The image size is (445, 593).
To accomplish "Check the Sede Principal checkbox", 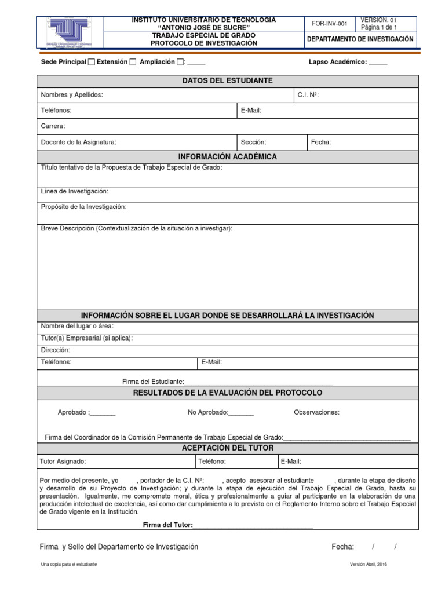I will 91,62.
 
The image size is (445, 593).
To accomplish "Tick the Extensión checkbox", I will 133,62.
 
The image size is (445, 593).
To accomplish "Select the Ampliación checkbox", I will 180,62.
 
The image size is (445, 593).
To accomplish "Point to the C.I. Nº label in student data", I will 307,96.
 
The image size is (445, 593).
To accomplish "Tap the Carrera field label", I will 53,126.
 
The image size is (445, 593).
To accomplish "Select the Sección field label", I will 253,142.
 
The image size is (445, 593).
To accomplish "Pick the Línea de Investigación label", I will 74,191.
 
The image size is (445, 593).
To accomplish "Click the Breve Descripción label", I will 136,229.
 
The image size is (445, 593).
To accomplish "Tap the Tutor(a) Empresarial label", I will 86,338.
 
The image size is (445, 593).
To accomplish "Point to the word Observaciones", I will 316,413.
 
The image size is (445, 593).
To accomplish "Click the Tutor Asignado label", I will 63,462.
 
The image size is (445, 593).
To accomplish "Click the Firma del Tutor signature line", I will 253,526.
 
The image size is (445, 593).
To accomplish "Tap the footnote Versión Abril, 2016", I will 368,565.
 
